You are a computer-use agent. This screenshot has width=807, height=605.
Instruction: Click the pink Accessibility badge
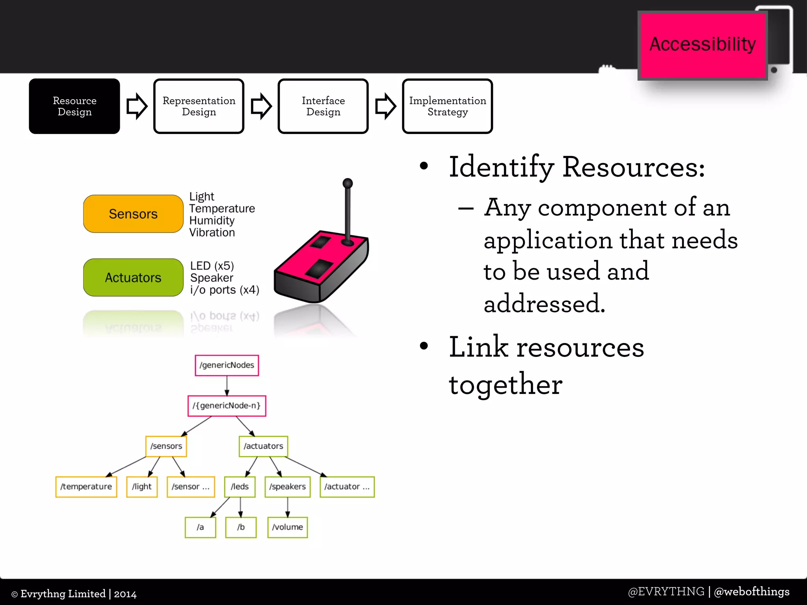click(702, 45)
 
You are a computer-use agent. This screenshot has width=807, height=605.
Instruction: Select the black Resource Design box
click(74, 106)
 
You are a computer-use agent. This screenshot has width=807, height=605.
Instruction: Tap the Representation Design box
click(199, 106)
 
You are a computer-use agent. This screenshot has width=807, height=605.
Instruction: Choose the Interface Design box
click(323, 106)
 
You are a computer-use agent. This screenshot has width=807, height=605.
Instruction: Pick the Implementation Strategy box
click(448, 106)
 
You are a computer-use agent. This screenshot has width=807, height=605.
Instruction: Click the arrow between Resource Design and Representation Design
click(137, 106)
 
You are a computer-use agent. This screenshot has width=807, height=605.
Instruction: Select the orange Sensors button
click(133, 214)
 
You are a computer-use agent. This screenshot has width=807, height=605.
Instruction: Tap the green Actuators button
click(133, 278)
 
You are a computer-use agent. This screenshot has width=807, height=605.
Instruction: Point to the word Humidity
click(212, 221)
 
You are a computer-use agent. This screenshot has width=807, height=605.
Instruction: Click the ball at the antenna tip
click(348, 183)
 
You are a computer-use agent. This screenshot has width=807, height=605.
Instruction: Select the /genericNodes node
click(227, 365)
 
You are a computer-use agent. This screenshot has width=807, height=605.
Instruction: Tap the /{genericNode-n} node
click(227, 406)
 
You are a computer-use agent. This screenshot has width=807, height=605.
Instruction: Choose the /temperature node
click(86, 487)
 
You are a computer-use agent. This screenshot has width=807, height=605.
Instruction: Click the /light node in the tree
click(142, 487)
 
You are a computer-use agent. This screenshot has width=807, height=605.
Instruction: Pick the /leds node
click(240, 487)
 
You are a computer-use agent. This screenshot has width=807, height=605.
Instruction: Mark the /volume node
click(288, 527)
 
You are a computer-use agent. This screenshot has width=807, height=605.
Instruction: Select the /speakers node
click(288, 487)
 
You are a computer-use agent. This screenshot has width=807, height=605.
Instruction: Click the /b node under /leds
click(241, 527)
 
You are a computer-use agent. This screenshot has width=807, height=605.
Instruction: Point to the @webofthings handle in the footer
click(751, 592)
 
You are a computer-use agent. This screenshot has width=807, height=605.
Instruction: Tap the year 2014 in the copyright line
click(125, 594)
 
